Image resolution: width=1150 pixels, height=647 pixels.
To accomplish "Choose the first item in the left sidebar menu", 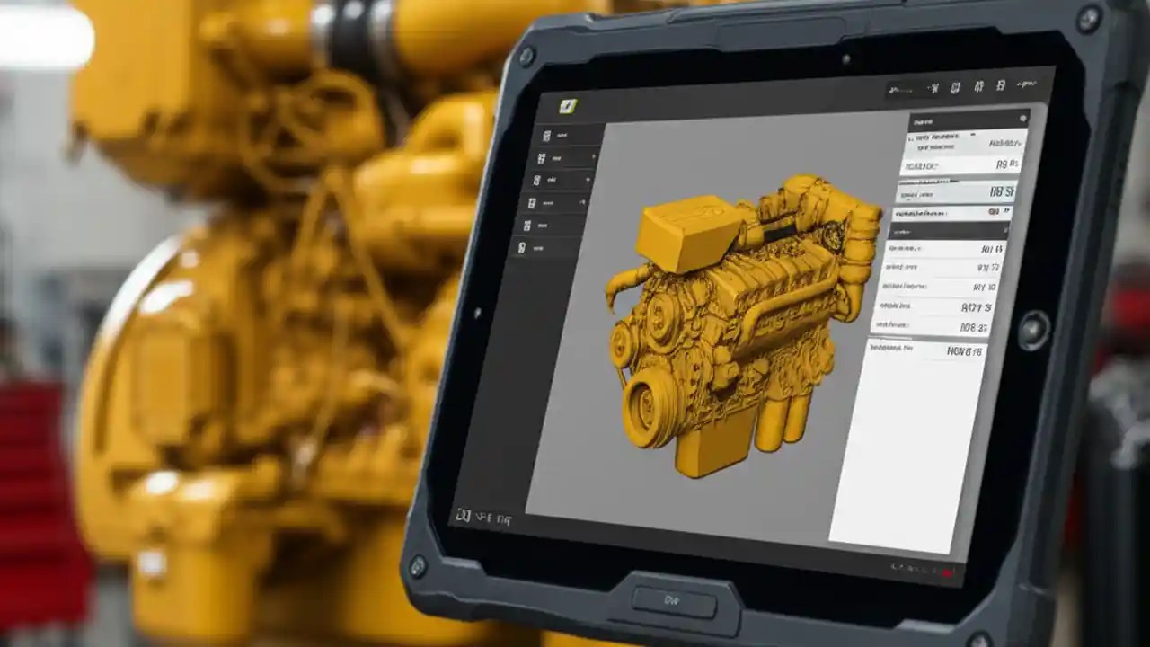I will click(566, 136).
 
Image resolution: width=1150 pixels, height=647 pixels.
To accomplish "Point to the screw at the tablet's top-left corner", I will click(527, 56).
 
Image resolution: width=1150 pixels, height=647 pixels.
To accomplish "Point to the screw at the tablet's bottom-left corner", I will click(417, 566).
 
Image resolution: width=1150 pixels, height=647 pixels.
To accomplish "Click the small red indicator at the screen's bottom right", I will click(947, 572).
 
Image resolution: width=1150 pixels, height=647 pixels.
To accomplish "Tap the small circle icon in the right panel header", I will click(1023, 119).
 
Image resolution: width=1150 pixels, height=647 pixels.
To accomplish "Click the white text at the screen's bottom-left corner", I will click(483, 517).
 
